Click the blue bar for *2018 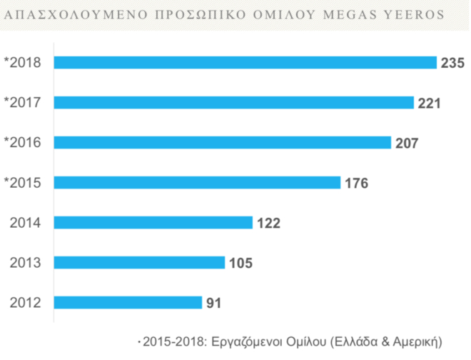click(245, 63)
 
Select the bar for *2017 click(233, 103)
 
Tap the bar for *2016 click(222, 143)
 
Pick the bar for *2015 click(197, 183)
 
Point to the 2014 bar click(153, 223)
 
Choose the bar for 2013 click(139, 263)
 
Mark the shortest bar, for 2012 click(128, 303)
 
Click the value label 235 click(452, 64)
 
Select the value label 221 click(430, 104)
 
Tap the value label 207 click(407, 144)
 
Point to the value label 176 click(356, 184)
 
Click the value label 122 click(268, 224)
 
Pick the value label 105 click(240, 264)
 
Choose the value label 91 click(214, 304)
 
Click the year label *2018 click(23, 63)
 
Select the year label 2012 click(26, 303)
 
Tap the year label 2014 click(26, 223)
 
